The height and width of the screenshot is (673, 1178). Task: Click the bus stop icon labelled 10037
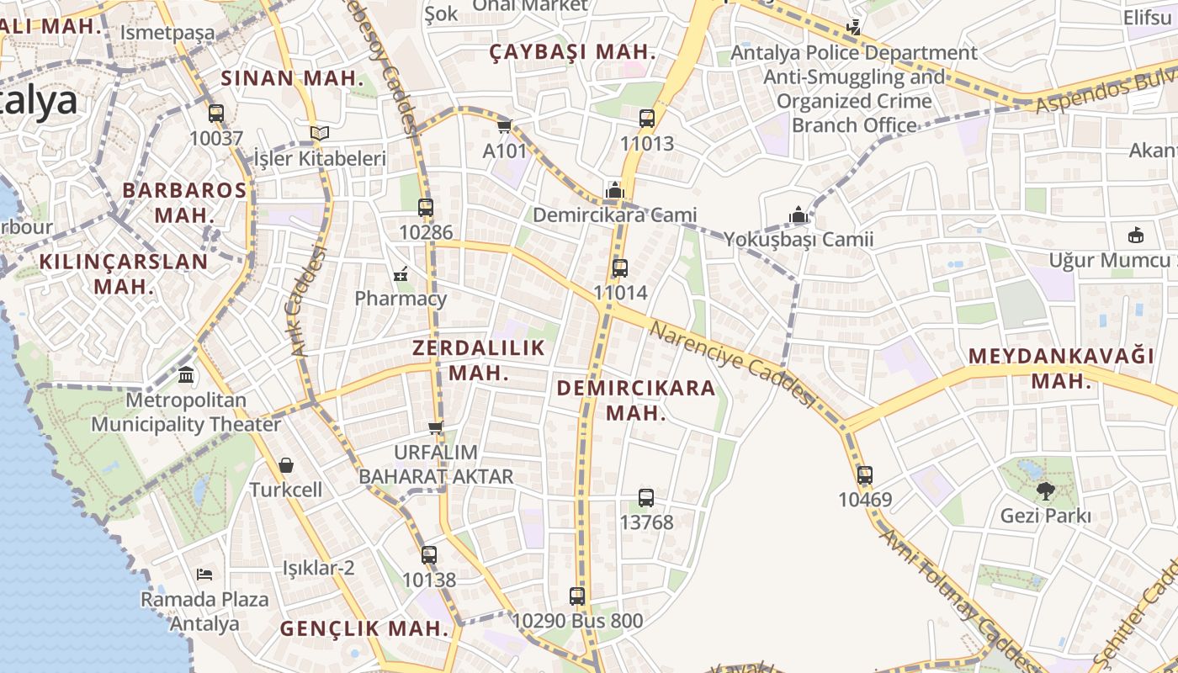(x=216, y=113)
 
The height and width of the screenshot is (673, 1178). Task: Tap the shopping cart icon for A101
(x=504, y=126)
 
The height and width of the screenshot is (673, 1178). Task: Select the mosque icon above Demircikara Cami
(x=615, y=190)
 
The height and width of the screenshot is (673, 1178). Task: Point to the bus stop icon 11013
(x=646, y=119)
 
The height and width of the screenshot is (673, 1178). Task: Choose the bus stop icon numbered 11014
(x=620, y=268)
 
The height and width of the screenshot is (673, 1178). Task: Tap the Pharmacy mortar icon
(x=401, y=273)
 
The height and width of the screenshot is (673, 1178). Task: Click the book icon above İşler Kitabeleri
(x=319, y=133)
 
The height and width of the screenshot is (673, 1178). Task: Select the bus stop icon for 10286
(x=426, y=207)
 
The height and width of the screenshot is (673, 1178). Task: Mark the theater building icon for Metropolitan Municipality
(x=186, y=374)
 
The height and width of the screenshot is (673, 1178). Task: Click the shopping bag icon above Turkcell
(x=286, y=464)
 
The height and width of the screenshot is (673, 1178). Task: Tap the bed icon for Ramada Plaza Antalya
(x=204, y=575)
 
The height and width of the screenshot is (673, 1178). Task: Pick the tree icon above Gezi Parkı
(x=1046, y=490)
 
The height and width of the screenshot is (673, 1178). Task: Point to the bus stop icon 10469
(x=864, y=474)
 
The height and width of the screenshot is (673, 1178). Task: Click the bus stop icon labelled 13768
(x=646, y=497)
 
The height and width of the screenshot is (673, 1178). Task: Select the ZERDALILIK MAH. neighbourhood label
(x=478, y=360)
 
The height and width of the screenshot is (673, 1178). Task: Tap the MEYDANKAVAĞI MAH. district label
(x=1061, y=368)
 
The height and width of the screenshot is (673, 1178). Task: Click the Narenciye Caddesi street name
(x=733, y=363)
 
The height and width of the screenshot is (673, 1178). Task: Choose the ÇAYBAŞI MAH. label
(x=572, y=52)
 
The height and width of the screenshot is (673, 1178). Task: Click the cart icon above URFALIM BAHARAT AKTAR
(x=436, y=427)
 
